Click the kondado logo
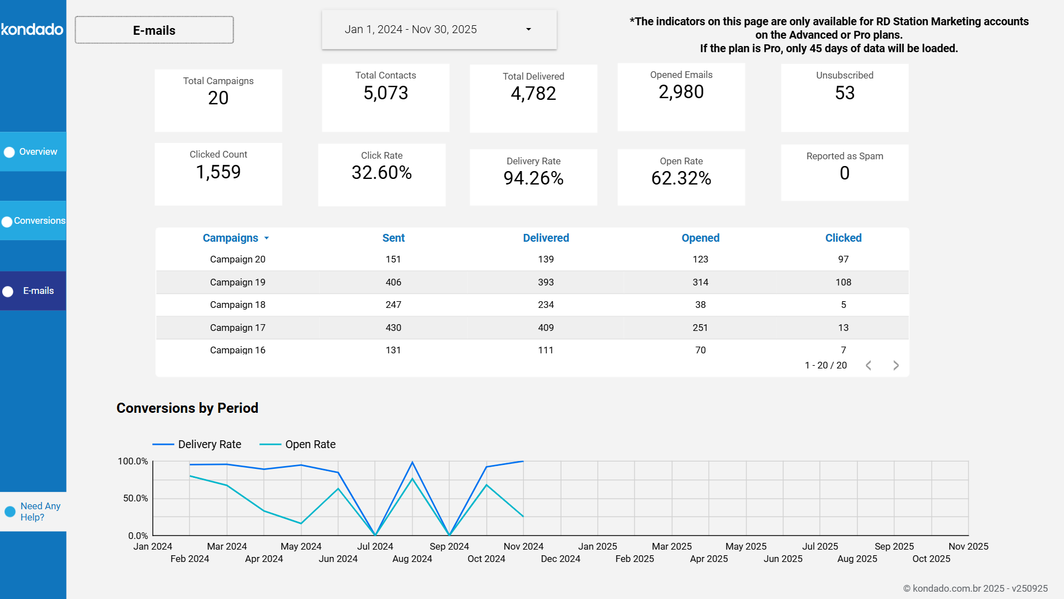point(32,29)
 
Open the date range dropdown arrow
point(528,29)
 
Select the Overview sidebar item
point(33,152)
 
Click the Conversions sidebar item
point(33,221)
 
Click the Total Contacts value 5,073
point(385,93)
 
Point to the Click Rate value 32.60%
point(382,173)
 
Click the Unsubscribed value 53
point(844,93)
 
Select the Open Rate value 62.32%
point(681,178)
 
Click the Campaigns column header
point(230,238)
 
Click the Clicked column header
point(843,238)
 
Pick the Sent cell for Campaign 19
point(393,282)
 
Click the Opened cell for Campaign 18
point(700,305)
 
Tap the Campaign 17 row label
point(238,328)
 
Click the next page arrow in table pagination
point(895,365)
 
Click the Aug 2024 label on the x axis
point(412,559)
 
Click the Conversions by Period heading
point(187,408)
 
